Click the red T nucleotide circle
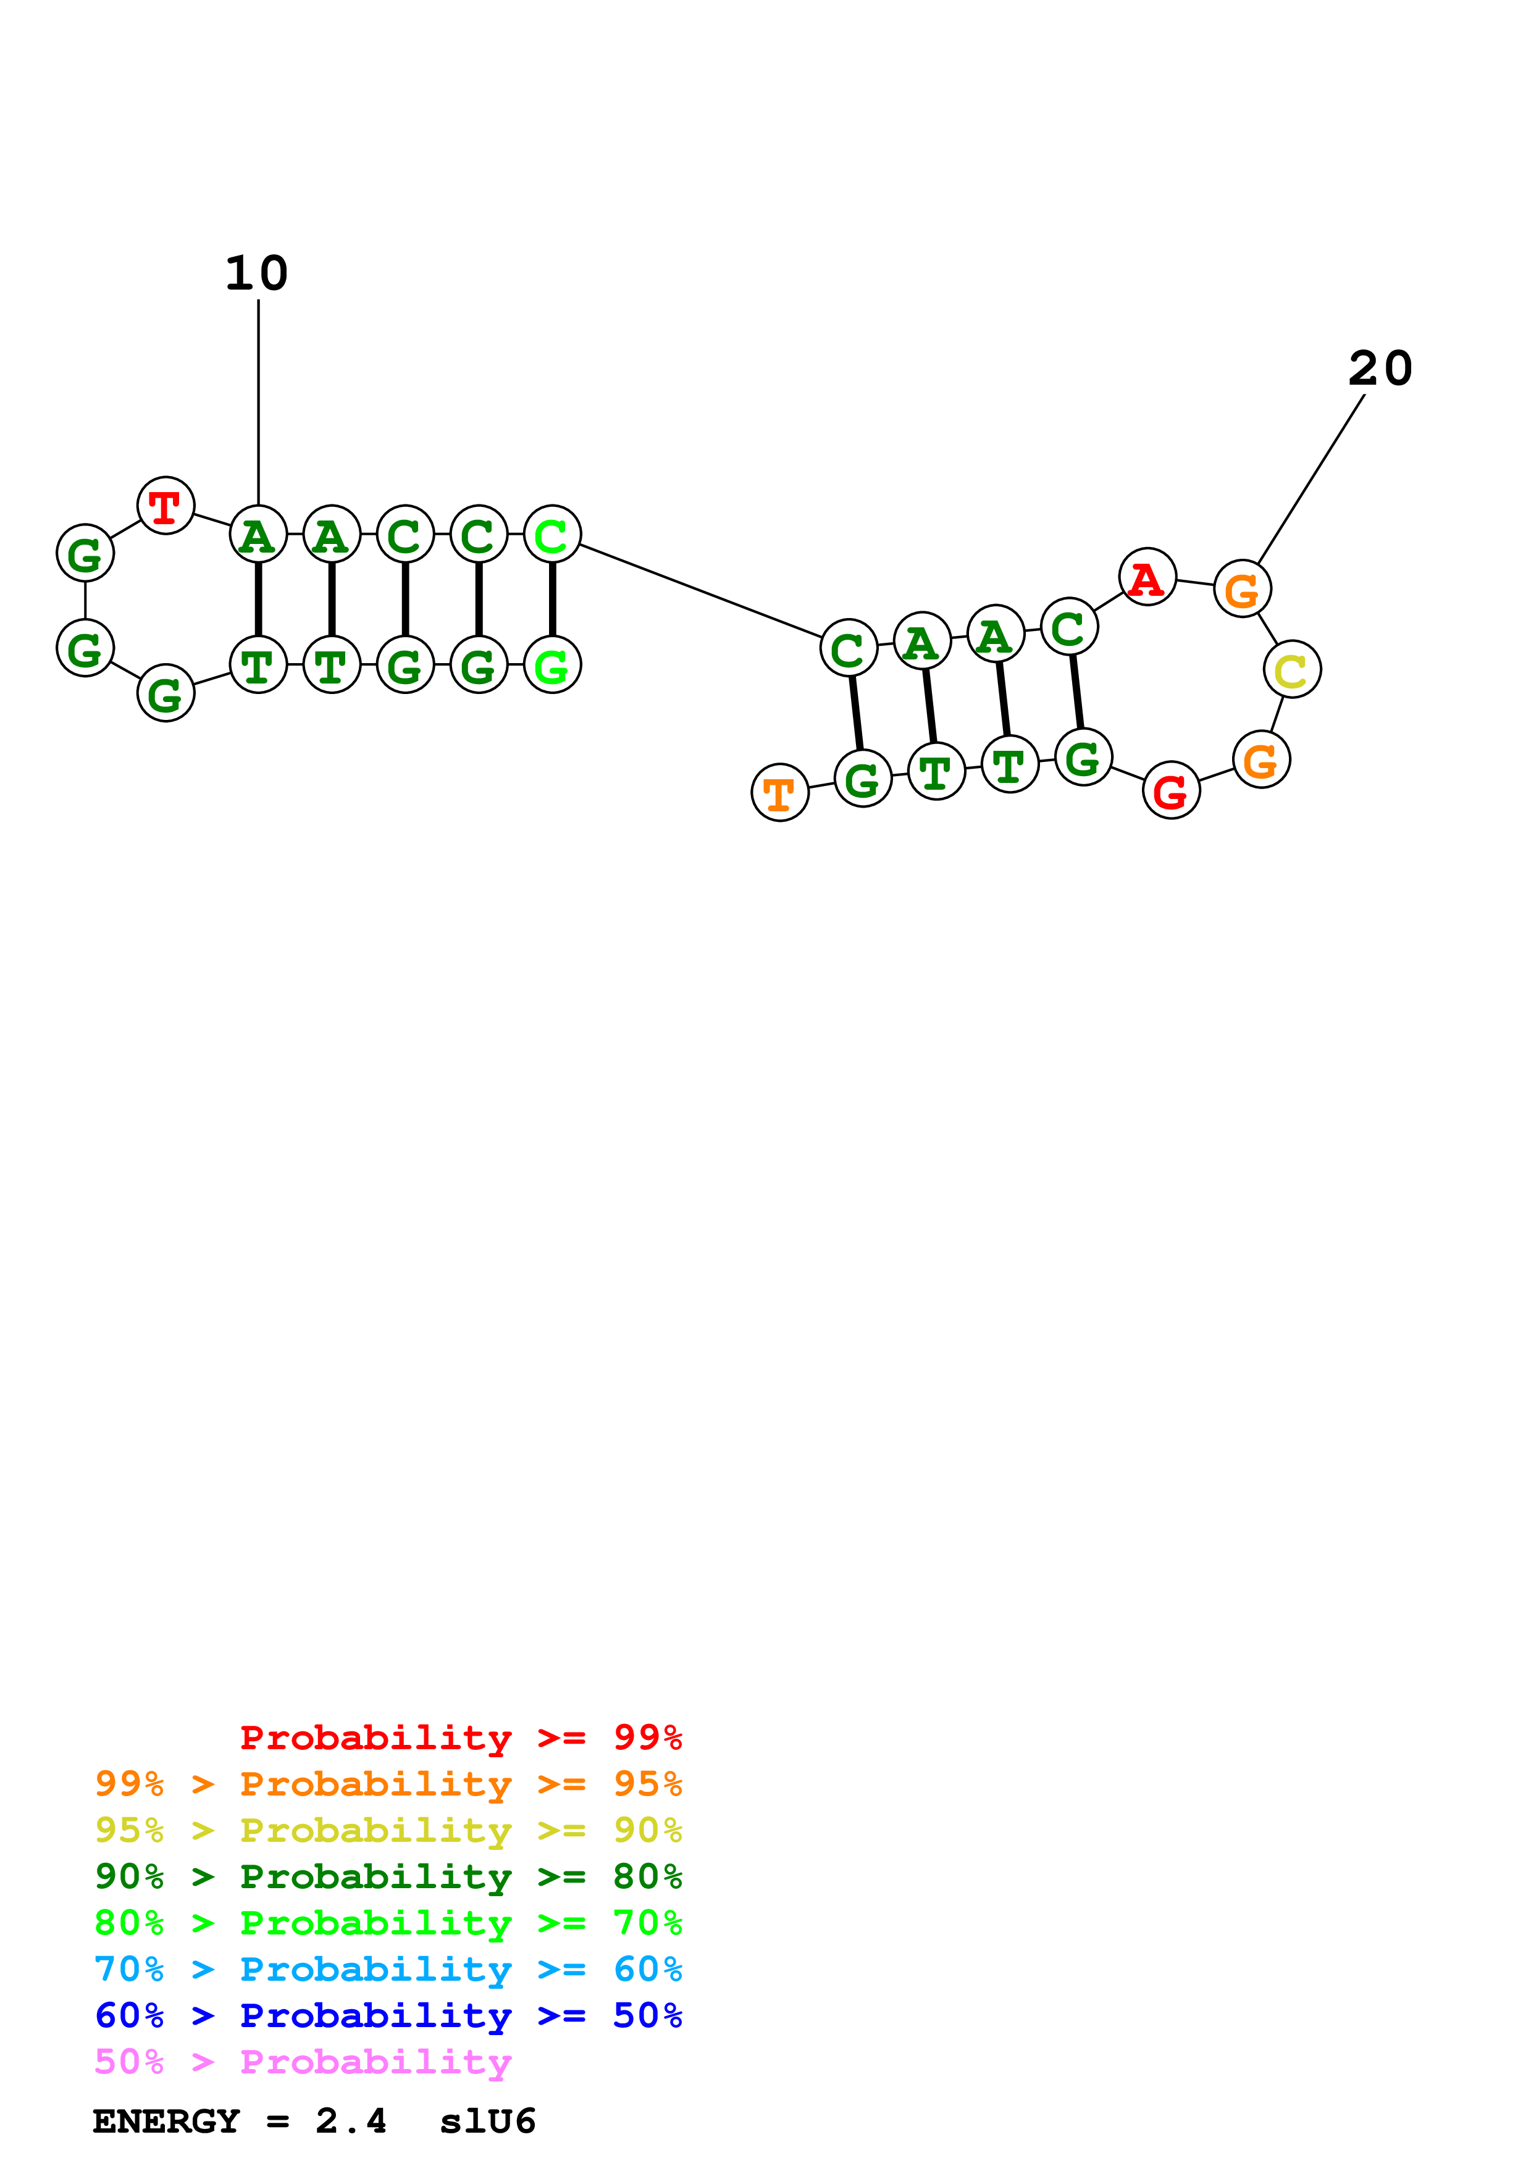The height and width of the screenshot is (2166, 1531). (x=166, y=506)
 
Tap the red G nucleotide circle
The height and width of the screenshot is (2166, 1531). (x=1171, y=790)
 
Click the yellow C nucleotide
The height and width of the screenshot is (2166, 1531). (x=1291, y=670)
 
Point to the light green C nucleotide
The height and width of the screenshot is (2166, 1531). (x=552, y=534)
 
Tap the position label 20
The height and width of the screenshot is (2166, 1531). (x=1380, y=369)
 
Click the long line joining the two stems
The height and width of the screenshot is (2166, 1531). (x=700, y=590)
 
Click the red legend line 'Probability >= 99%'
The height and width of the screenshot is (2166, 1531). (x=460, y=1737)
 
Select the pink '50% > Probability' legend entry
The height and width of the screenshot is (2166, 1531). (x=302, y=2062)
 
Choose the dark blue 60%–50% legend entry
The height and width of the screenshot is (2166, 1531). (x=388, y=2016)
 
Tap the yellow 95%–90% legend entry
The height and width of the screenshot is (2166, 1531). (x=388, y=1830)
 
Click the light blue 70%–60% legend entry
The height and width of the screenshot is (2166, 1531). (x=388, y=1970)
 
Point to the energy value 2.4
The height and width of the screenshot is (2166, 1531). (x=351, y=2122)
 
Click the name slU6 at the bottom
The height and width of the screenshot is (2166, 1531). (x=488, y=2122)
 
